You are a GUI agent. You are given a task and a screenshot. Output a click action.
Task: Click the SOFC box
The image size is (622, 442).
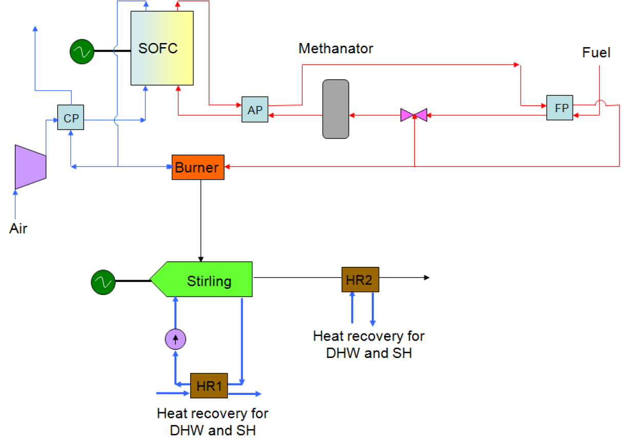162,48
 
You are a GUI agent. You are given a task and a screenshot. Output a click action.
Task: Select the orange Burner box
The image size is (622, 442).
197,167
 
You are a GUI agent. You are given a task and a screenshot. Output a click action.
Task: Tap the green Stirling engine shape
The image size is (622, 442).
205,280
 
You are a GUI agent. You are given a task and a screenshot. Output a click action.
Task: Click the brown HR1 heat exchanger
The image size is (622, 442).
209,386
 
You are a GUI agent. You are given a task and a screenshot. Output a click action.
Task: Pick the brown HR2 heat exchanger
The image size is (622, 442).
360,279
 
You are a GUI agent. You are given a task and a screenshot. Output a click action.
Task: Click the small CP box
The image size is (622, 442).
70,118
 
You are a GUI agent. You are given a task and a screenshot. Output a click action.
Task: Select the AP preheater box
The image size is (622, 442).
255,110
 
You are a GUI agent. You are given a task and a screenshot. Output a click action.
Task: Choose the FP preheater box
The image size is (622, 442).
559,108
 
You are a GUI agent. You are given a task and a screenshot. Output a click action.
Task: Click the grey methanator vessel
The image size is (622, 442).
335,109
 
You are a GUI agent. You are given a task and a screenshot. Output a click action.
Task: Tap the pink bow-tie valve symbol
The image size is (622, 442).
414,115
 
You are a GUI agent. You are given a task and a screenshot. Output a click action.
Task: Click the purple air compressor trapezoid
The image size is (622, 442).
30,167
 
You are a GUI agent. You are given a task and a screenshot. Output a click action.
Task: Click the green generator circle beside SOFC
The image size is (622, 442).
82,51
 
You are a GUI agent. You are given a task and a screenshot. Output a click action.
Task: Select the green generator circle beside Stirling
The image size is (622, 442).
103,282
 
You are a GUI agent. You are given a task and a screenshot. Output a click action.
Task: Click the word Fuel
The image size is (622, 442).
596,53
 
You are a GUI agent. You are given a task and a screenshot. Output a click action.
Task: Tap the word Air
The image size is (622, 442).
18,228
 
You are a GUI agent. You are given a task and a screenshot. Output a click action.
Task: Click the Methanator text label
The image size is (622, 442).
336,49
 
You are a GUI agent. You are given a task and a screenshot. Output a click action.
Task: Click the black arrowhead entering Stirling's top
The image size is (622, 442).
200,258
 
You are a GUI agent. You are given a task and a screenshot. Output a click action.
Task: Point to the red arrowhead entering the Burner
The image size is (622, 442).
227,167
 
